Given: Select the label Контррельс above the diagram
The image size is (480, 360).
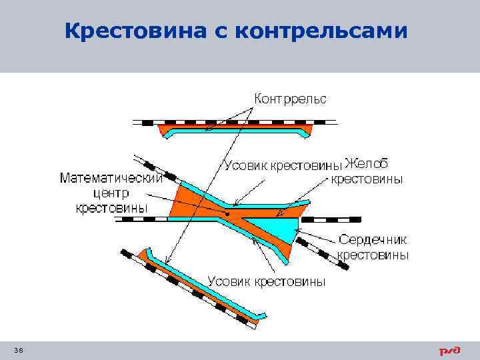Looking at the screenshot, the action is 289,99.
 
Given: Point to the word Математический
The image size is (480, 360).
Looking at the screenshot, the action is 111,178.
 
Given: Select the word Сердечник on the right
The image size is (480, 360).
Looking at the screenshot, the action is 373,239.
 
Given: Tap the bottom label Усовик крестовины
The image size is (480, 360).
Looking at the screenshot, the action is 267,281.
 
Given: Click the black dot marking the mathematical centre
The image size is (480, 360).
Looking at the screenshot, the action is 227,214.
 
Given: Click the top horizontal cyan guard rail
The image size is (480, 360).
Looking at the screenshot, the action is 237,131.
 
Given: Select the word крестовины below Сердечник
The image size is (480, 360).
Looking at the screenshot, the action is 373,255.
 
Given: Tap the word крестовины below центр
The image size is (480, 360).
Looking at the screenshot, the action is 111,209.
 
